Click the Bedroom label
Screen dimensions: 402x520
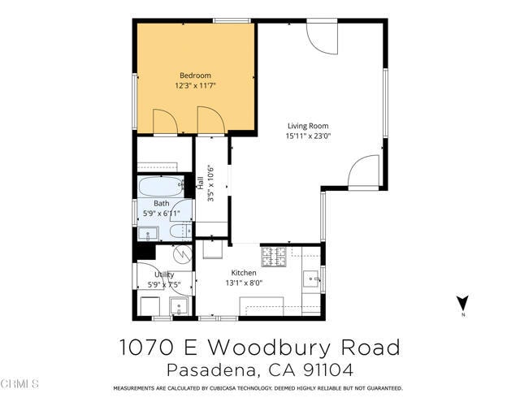[x=195, y=76]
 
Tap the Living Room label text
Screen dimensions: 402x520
[x=307, y=126]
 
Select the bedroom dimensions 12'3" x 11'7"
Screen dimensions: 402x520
[x=195, y=85]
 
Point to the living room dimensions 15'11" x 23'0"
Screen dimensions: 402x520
[x=307, y=136]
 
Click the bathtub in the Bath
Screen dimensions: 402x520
[x=162, y=187]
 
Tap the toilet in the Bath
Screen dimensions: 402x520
[x=180, y=233]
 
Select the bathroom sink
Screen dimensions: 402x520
[x=148, y=233]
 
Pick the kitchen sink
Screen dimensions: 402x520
[x=312, y=280]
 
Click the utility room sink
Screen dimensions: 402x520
[x=179, y=307]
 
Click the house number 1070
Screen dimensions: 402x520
[x=145, y=348]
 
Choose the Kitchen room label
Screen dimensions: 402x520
[x=244, y=273]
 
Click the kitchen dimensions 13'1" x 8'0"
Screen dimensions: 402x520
[x=244, y=283]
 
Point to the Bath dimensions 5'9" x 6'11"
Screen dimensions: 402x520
[x=161, y=214]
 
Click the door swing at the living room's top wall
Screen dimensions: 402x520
[x=322, y=37]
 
